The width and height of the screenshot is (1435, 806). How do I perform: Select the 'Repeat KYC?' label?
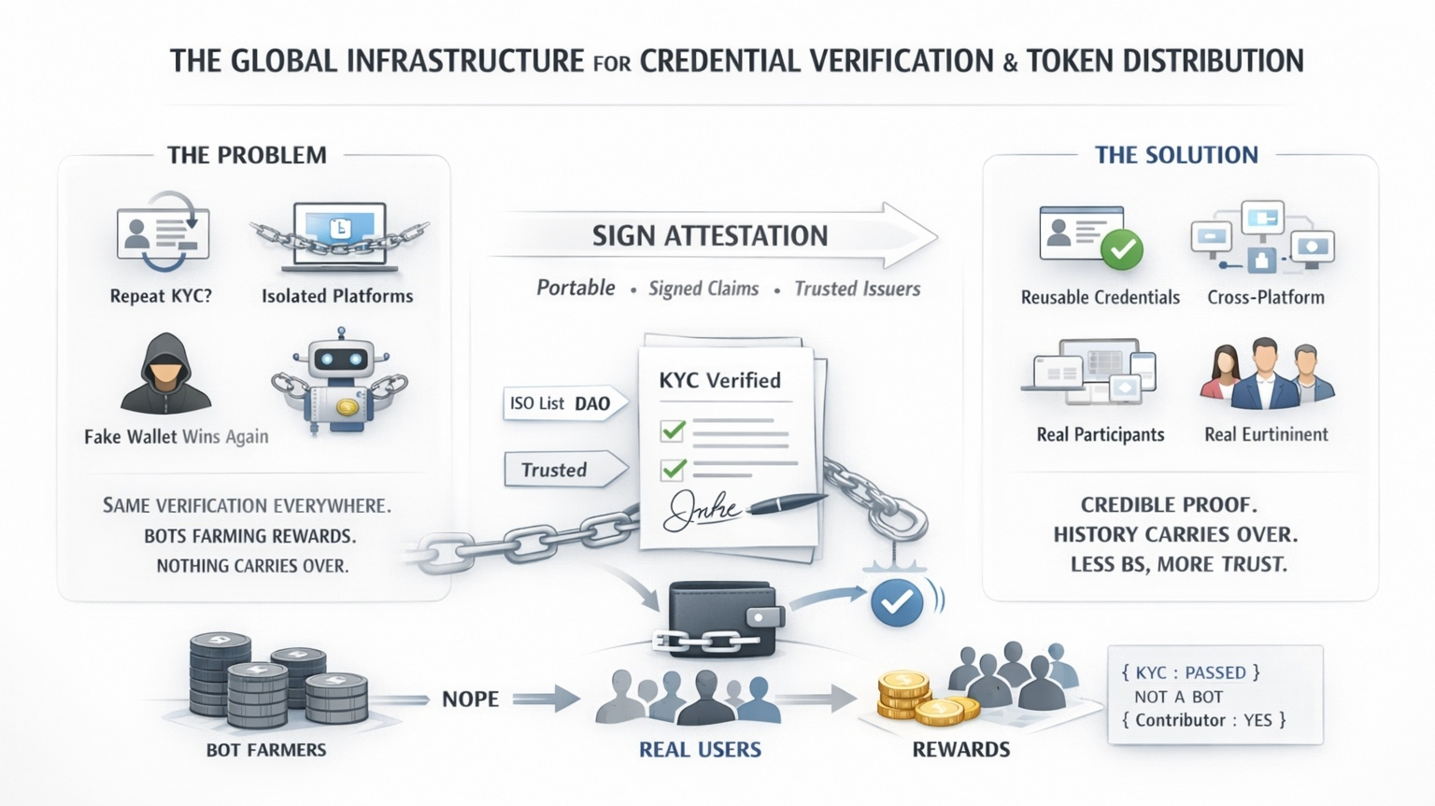[161, 296]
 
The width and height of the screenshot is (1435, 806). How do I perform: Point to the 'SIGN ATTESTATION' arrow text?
[710, 235]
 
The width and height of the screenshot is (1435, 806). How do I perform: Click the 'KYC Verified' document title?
[719, 380]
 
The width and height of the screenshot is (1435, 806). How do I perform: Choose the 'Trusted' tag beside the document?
[555, 470]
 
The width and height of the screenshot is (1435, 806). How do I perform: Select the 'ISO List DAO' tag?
[560, 403]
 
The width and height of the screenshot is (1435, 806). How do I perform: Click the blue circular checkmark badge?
[897, 602]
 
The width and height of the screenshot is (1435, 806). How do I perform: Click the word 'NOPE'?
[470, 699]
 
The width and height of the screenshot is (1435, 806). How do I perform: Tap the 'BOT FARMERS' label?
[266, 749]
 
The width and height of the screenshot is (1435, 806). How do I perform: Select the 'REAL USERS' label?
[700, 749]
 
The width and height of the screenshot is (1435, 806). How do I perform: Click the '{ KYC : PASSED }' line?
[1190, 672]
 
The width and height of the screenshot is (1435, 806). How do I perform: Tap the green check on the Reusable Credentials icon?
[1122, 249]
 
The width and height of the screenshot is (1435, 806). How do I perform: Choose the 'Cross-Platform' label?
[1265, 297]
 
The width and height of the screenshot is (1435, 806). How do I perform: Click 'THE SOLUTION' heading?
[1176, 155]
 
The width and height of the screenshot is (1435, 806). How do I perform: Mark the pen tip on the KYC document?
[754, 510]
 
